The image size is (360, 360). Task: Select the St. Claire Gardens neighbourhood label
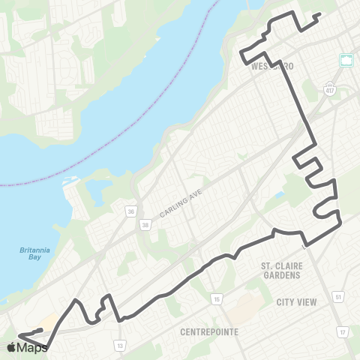point(281,270)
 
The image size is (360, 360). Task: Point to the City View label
point(296,301)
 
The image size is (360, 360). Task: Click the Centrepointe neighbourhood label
point(208,331)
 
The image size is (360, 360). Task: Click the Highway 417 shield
point(330,89)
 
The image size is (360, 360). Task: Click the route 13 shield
point(120,345)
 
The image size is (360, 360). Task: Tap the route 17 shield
point(343,332)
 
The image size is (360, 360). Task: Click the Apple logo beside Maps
point(11,347)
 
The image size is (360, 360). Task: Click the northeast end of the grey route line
point(320,14)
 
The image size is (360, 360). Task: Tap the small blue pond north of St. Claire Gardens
point(280,196)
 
